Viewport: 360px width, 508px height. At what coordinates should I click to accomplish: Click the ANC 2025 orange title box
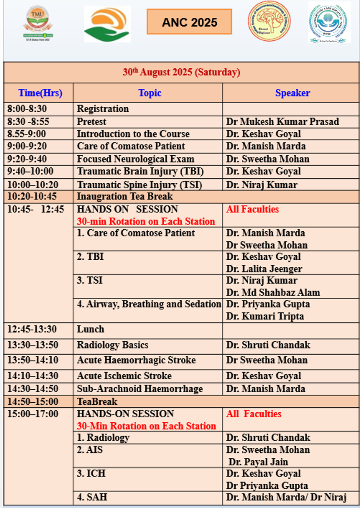click(189, 22)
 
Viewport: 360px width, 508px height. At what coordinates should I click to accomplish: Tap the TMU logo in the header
click(38, 22)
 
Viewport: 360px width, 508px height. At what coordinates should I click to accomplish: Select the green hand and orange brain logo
click(107, 24)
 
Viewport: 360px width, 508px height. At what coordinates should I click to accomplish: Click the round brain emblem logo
click(269, 21)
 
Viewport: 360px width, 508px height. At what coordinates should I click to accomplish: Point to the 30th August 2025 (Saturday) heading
click(181, 72)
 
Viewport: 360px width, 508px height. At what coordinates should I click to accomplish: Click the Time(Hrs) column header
click(40, 93)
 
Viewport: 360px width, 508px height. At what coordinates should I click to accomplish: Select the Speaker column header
click(292, 93)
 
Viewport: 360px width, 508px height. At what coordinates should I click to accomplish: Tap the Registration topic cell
click(103, 109)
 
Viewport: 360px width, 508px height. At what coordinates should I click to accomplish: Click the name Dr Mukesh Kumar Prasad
click(282, 122)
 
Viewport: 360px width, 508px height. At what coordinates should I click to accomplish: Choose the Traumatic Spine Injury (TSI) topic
click(139, 185)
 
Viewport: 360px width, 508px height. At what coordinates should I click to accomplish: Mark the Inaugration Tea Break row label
click(124, 196)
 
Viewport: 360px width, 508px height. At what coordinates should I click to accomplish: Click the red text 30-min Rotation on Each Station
click(146, 221)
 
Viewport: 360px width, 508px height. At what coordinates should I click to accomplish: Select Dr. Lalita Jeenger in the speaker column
click(264, 269)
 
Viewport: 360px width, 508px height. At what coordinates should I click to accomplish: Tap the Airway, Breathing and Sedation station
click(149, 304)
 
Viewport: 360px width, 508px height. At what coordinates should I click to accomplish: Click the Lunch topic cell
click(90, 329)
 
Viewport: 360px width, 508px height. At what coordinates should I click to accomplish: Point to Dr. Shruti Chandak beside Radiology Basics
click(268, 345)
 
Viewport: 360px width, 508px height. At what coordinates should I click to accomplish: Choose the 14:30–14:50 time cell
click(33, 389)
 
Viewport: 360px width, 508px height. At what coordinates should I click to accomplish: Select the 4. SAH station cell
click(92, 497)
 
